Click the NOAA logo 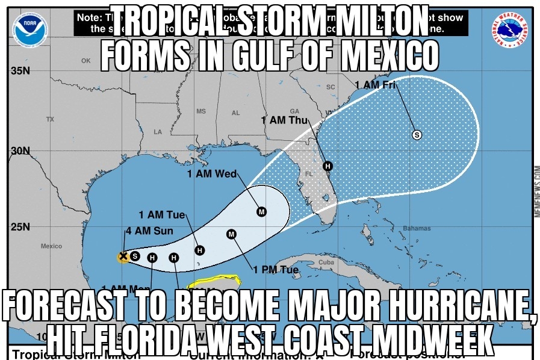point(29,27)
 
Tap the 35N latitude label point(20,71)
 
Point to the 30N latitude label point(20,151)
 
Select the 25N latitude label point(20,228)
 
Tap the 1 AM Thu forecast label point(284,120)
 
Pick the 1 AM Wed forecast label point(211,174)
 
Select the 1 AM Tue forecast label point(161,215)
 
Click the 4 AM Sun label point(149,231)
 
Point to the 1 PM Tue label point(275,270)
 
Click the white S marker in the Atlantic point(416,135)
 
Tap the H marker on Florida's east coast point(327,166)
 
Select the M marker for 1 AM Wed point(261,211)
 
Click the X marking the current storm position point(123,256)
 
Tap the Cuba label point(326,263)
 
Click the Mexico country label point(51,246)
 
